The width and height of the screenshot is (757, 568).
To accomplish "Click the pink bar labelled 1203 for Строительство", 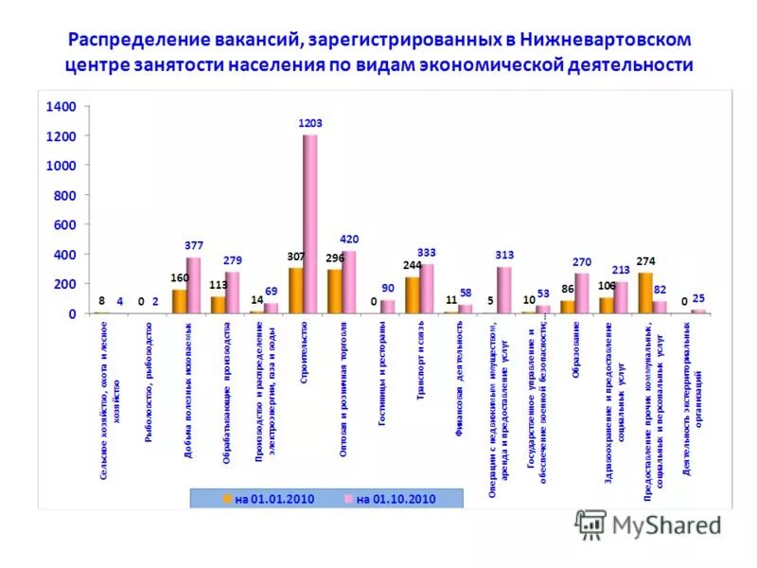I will pyautogui.click(x=310, y=223).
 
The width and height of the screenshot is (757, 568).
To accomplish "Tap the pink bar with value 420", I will pyautogui.click(x=349, y=282).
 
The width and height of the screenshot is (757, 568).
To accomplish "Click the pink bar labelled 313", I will pyautogui.click(x=503, y=290).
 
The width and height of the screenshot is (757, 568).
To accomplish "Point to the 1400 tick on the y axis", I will pyautogui.click(x=61, y=107).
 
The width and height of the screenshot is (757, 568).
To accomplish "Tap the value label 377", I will pyautogui.click(x=194, y=245).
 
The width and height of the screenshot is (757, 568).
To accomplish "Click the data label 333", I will pyautogui.click(x=427, y=252).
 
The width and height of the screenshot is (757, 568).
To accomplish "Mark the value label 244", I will pyautogui.click(x=412, y=265).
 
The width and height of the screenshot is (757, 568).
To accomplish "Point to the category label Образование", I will pyautogui.click(x=575, y=350).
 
